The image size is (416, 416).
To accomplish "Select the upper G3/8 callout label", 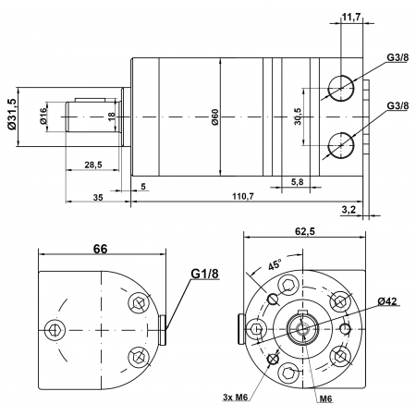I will [398, 57].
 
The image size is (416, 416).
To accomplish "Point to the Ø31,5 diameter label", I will [12, 114].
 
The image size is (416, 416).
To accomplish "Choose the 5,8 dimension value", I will [297, 181].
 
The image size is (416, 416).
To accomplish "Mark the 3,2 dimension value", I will [349, 211].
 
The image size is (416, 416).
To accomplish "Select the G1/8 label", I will [204, 275].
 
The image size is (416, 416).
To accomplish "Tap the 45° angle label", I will [275, 263].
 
